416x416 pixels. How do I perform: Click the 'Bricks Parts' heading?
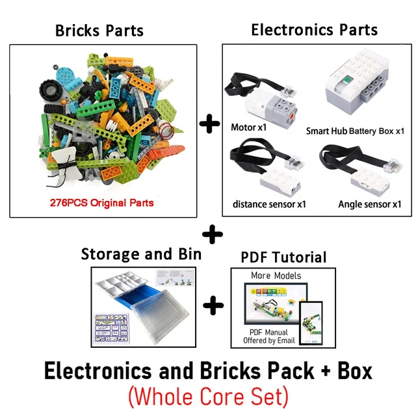pos(99,30)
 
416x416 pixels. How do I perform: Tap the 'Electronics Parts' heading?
pos(314,29)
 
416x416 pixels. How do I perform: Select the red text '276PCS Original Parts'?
pos(102,203)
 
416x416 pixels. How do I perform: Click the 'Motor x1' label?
pos(249,127)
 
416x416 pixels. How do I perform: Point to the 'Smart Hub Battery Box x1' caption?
pos(356,131)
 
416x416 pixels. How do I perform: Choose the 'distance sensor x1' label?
pos(269,204)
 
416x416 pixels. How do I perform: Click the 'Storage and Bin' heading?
pos(141,253)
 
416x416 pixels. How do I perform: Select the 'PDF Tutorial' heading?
pos(283,257)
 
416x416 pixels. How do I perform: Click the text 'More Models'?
pos(276,275)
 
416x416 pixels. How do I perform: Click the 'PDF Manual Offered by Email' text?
pos(269,335)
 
